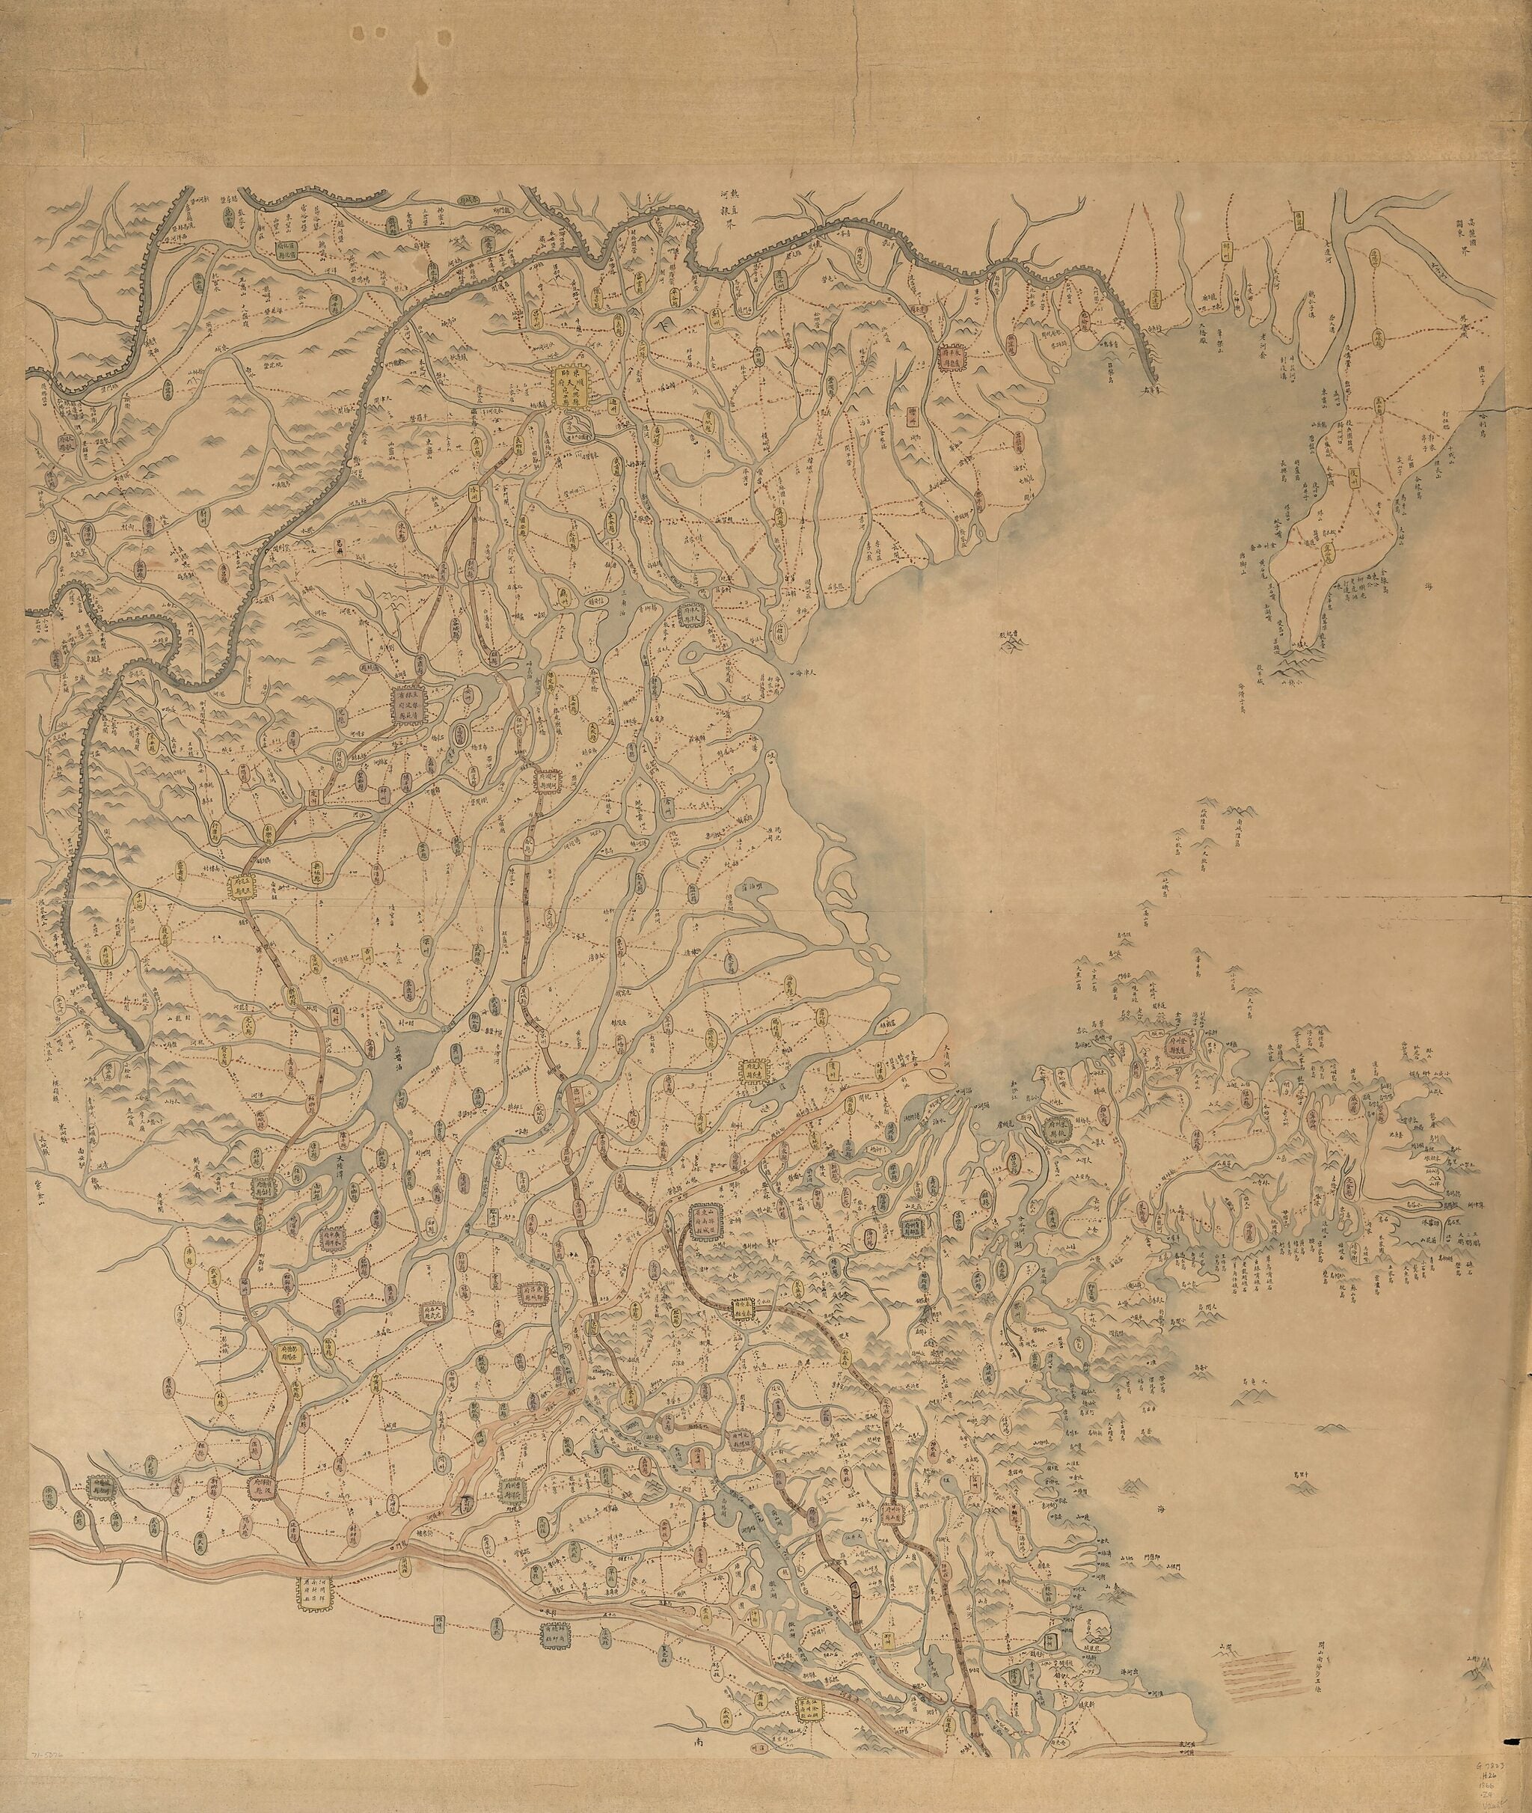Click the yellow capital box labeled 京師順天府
572,385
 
